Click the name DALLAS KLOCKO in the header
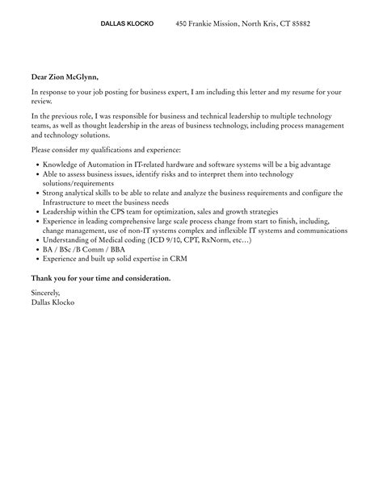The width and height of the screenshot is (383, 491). point(126,24)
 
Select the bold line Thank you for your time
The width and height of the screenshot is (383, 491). point(101,277)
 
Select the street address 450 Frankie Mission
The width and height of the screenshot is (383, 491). point(205,24)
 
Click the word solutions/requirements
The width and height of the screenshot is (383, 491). point(79,184)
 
